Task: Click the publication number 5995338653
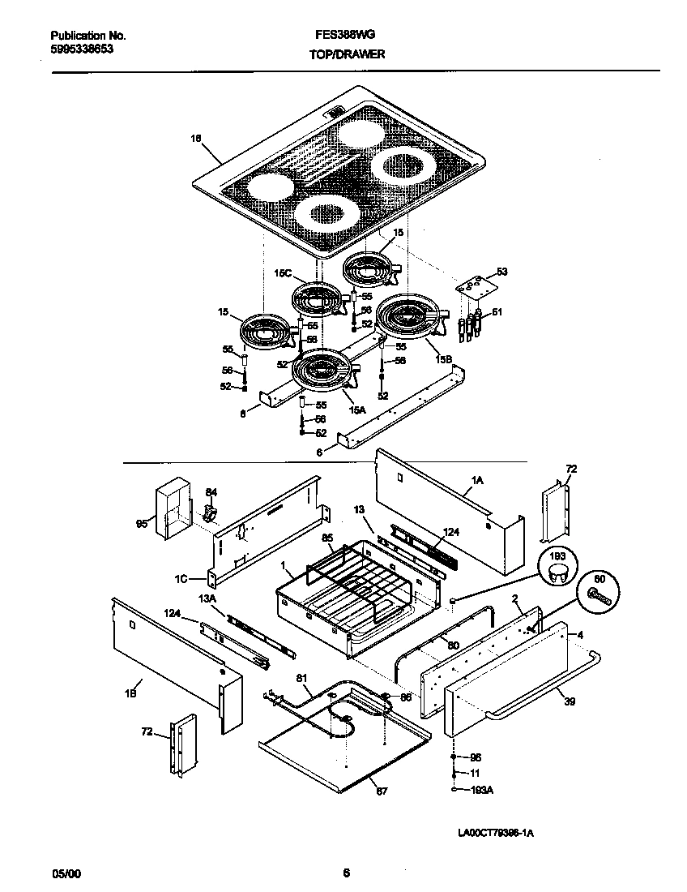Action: (x=82, y=49)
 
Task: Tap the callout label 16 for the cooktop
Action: (x=195, y=139)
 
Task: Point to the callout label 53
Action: (x=501, y=272)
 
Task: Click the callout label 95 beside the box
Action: (x=141, y=525)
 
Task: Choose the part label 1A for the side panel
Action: (x=477, y=480)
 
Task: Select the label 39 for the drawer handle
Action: (x=570, y=701)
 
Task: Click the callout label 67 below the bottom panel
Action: (x=382, y=791)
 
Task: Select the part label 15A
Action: (x=357, y=410)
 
